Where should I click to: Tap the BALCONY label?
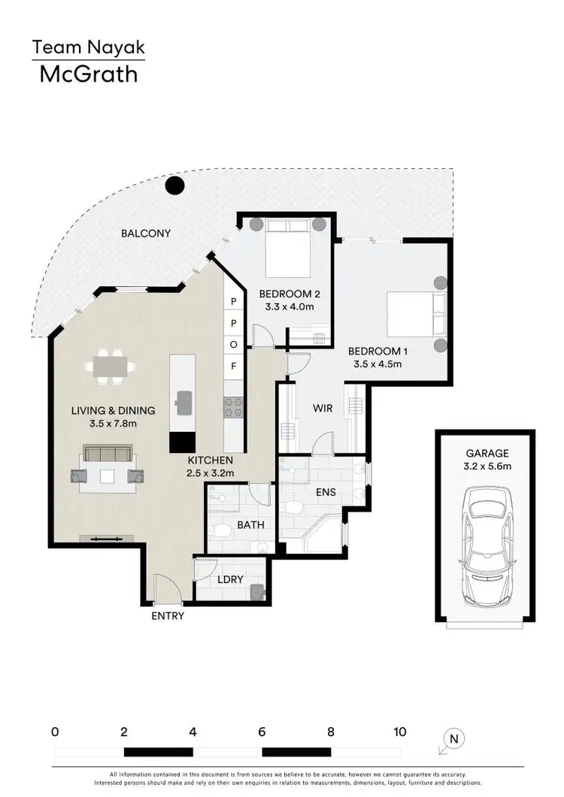146,234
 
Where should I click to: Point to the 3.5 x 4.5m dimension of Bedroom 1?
378,364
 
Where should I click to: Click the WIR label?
323,409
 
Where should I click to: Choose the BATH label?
250,525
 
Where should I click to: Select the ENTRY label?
167,616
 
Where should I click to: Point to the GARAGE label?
487,453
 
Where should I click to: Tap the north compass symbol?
453,739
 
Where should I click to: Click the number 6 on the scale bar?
262,732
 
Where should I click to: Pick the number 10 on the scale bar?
399,732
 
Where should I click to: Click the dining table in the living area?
111,367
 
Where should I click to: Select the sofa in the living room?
108,454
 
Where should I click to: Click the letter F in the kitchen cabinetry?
233,367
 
